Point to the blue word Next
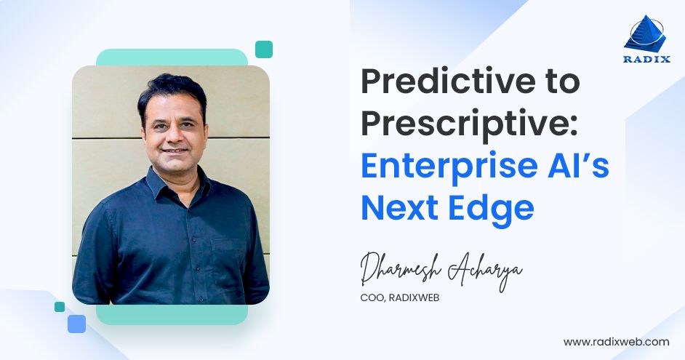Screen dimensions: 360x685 [401, 208]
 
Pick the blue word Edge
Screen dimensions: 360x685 [491, 208]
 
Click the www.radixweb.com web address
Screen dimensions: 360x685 [616, 341]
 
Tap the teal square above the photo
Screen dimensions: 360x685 [264, 49]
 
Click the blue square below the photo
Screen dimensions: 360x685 [76, 324]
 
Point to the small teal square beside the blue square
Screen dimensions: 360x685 [60, 307]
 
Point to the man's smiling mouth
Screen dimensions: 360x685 [175, 151]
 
